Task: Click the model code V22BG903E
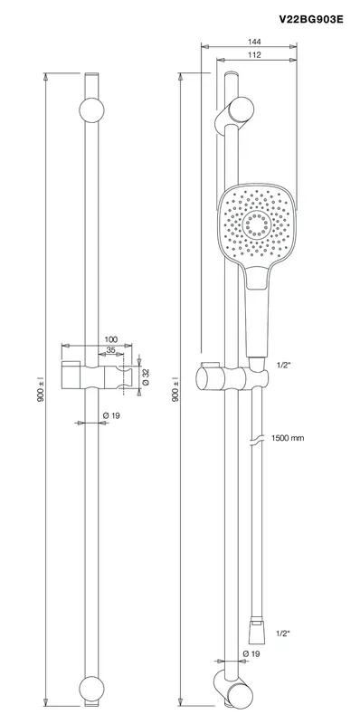[x=310, y=19]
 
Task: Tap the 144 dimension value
[x=254, y=42]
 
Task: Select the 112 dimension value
[x=254, y=55]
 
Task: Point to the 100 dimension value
[x=111, y=339]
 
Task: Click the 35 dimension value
[x=110, y=350]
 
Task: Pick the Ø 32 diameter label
[x=146, y=376]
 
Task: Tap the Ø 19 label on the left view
[x=111, y=415]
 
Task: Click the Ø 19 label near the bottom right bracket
[x=251, y=653]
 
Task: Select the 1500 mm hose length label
[x=288, y=438]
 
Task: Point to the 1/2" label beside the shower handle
[x=283, y=365]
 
